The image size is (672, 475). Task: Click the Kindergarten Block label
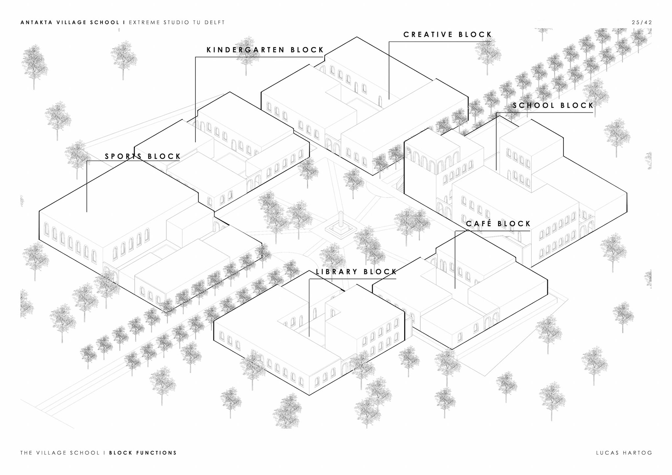(x=265, y=50)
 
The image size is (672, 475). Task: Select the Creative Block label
(x=448, y=35)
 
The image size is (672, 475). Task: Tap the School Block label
(x=553, y=105)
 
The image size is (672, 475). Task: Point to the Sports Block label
(x=143, y=156)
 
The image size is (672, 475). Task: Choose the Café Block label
(x=498, y=224)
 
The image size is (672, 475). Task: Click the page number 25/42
(x=642, y=22)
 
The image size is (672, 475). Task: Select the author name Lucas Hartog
(x=624, y=453)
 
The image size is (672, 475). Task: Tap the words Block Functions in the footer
(x=143, y=453)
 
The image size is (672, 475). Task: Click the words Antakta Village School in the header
(x=70, y=22)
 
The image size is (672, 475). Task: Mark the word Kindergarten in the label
(x=246, y=50)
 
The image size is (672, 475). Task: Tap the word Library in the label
(x=336, y=272)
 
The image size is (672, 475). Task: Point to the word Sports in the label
(x=122, y=156)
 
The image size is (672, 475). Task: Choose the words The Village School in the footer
(x=60, y=453)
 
